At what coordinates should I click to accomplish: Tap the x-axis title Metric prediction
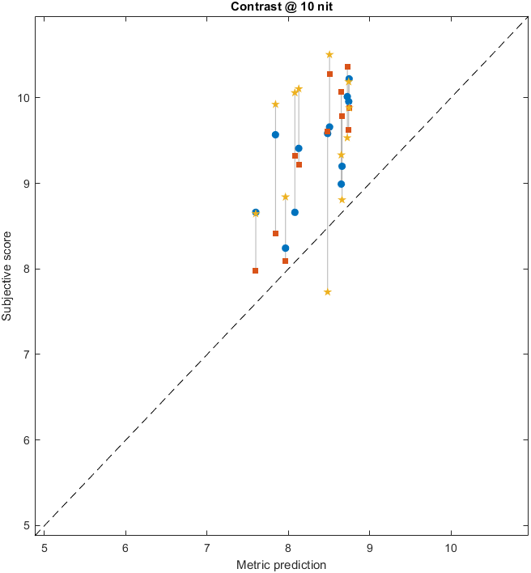281,564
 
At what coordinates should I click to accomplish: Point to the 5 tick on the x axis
45,546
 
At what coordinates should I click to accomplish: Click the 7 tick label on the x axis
206,546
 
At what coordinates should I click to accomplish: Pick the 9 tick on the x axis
370,546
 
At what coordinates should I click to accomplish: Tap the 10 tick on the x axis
451,546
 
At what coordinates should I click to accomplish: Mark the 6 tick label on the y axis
27,440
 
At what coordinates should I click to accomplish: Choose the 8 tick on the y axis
27,269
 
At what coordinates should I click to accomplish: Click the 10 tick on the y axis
23,98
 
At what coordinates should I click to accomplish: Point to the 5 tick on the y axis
27,525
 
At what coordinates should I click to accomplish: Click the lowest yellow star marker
327,292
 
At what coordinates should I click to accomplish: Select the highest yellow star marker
329,55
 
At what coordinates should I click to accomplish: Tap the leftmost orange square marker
255,270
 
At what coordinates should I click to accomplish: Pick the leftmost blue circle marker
256,212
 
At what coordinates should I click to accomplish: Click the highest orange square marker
347,66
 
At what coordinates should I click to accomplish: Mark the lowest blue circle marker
285,248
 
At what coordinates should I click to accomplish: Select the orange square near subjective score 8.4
275,233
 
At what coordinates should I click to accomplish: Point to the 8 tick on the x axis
288,546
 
